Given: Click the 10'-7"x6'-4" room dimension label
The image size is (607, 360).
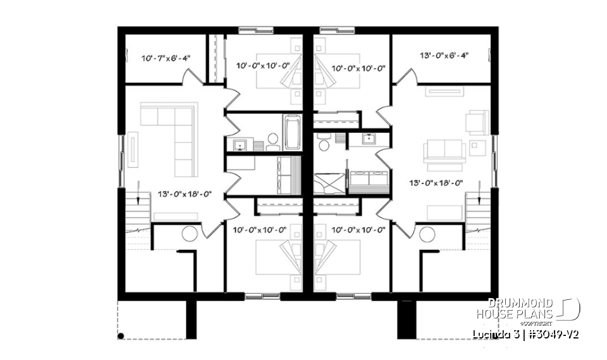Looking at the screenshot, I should pos(165,58).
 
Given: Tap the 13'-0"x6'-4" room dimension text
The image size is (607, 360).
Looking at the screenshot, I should pos(443,55).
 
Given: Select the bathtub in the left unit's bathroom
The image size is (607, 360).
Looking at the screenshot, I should pos(292,132).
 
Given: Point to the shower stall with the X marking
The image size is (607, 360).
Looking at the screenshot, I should pos(330,180).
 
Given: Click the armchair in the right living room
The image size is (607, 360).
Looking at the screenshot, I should pos(477,121).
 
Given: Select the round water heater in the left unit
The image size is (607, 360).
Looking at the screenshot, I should pos(189,233).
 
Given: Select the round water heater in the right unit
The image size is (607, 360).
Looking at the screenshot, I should pos(427,234).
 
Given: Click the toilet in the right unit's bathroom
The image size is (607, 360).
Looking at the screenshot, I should pos(324,144).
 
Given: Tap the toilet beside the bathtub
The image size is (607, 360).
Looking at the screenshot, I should pos(273,139).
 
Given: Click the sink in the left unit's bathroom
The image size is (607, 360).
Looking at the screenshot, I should pos(240,145).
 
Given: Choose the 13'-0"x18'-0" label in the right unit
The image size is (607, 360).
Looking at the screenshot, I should pos(437,184).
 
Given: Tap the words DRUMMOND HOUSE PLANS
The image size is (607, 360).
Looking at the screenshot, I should pos(514,308).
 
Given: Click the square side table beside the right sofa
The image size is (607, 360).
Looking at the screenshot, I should pos(478,147).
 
